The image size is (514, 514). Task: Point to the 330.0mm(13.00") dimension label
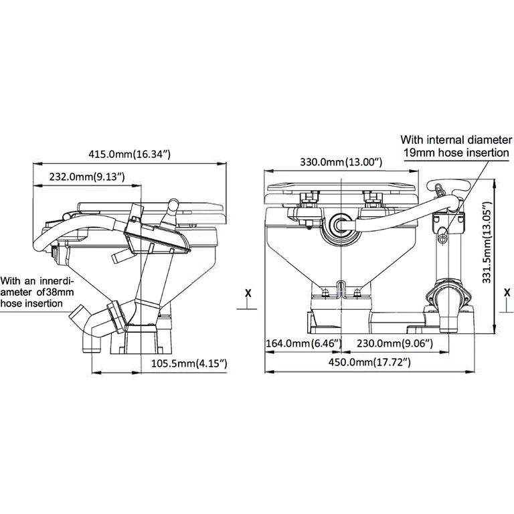(341, 163)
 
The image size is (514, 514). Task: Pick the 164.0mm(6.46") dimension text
(305, 344)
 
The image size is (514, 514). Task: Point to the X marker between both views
(248, 292)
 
